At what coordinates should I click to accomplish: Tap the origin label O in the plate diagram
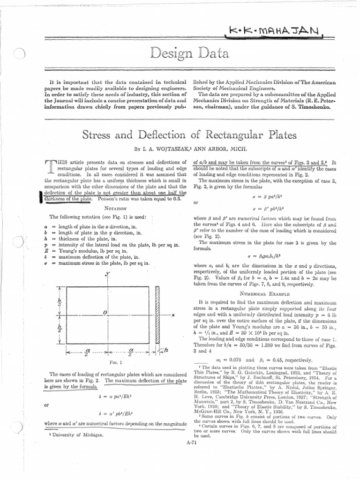click(x=106, y=313)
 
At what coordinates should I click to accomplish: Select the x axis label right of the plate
click(x=173, y=315)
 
